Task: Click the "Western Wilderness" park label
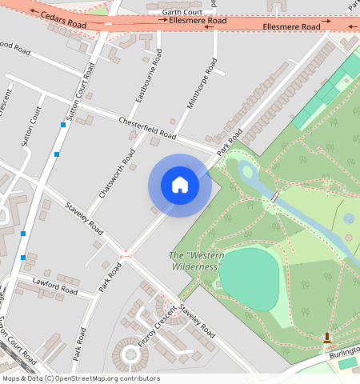point(196,261)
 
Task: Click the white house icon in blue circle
point(180,185)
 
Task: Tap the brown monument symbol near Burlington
point(326,338)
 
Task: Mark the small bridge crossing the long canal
point(275,197)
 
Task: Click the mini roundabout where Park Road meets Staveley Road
point(125,257)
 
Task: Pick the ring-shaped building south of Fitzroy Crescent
point(127,351)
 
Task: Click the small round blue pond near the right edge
point(349,218)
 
